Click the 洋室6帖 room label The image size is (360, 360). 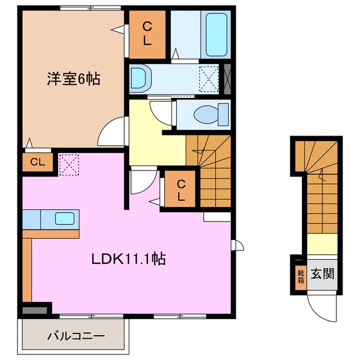pyautogui.click(x=73, y=79)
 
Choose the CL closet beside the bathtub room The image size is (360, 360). pyautogui.click(x=146, y=34)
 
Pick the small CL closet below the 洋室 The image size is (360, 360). pyautogui.click(x=37, y=163)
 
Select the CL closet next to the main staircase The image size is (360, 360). pyautogui.click(x=180, y=190)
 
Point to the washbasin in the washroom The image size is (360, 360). pyautogui.click(x=139, y=79)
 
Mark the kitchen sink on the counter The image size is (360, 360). pyautogui.click(x=64, y=218)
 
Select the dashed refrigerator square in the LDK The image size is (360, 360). pyautogui.click(x=70, y=164)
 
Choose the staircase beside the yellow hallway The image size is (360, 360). pyautogui.click(x=209, y=169)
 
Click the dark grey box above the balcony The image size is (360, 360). pyautogui.click(x=35, y=309)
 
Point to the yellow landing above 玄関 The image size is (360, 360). pyautogui.click(x=321, y=244)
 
